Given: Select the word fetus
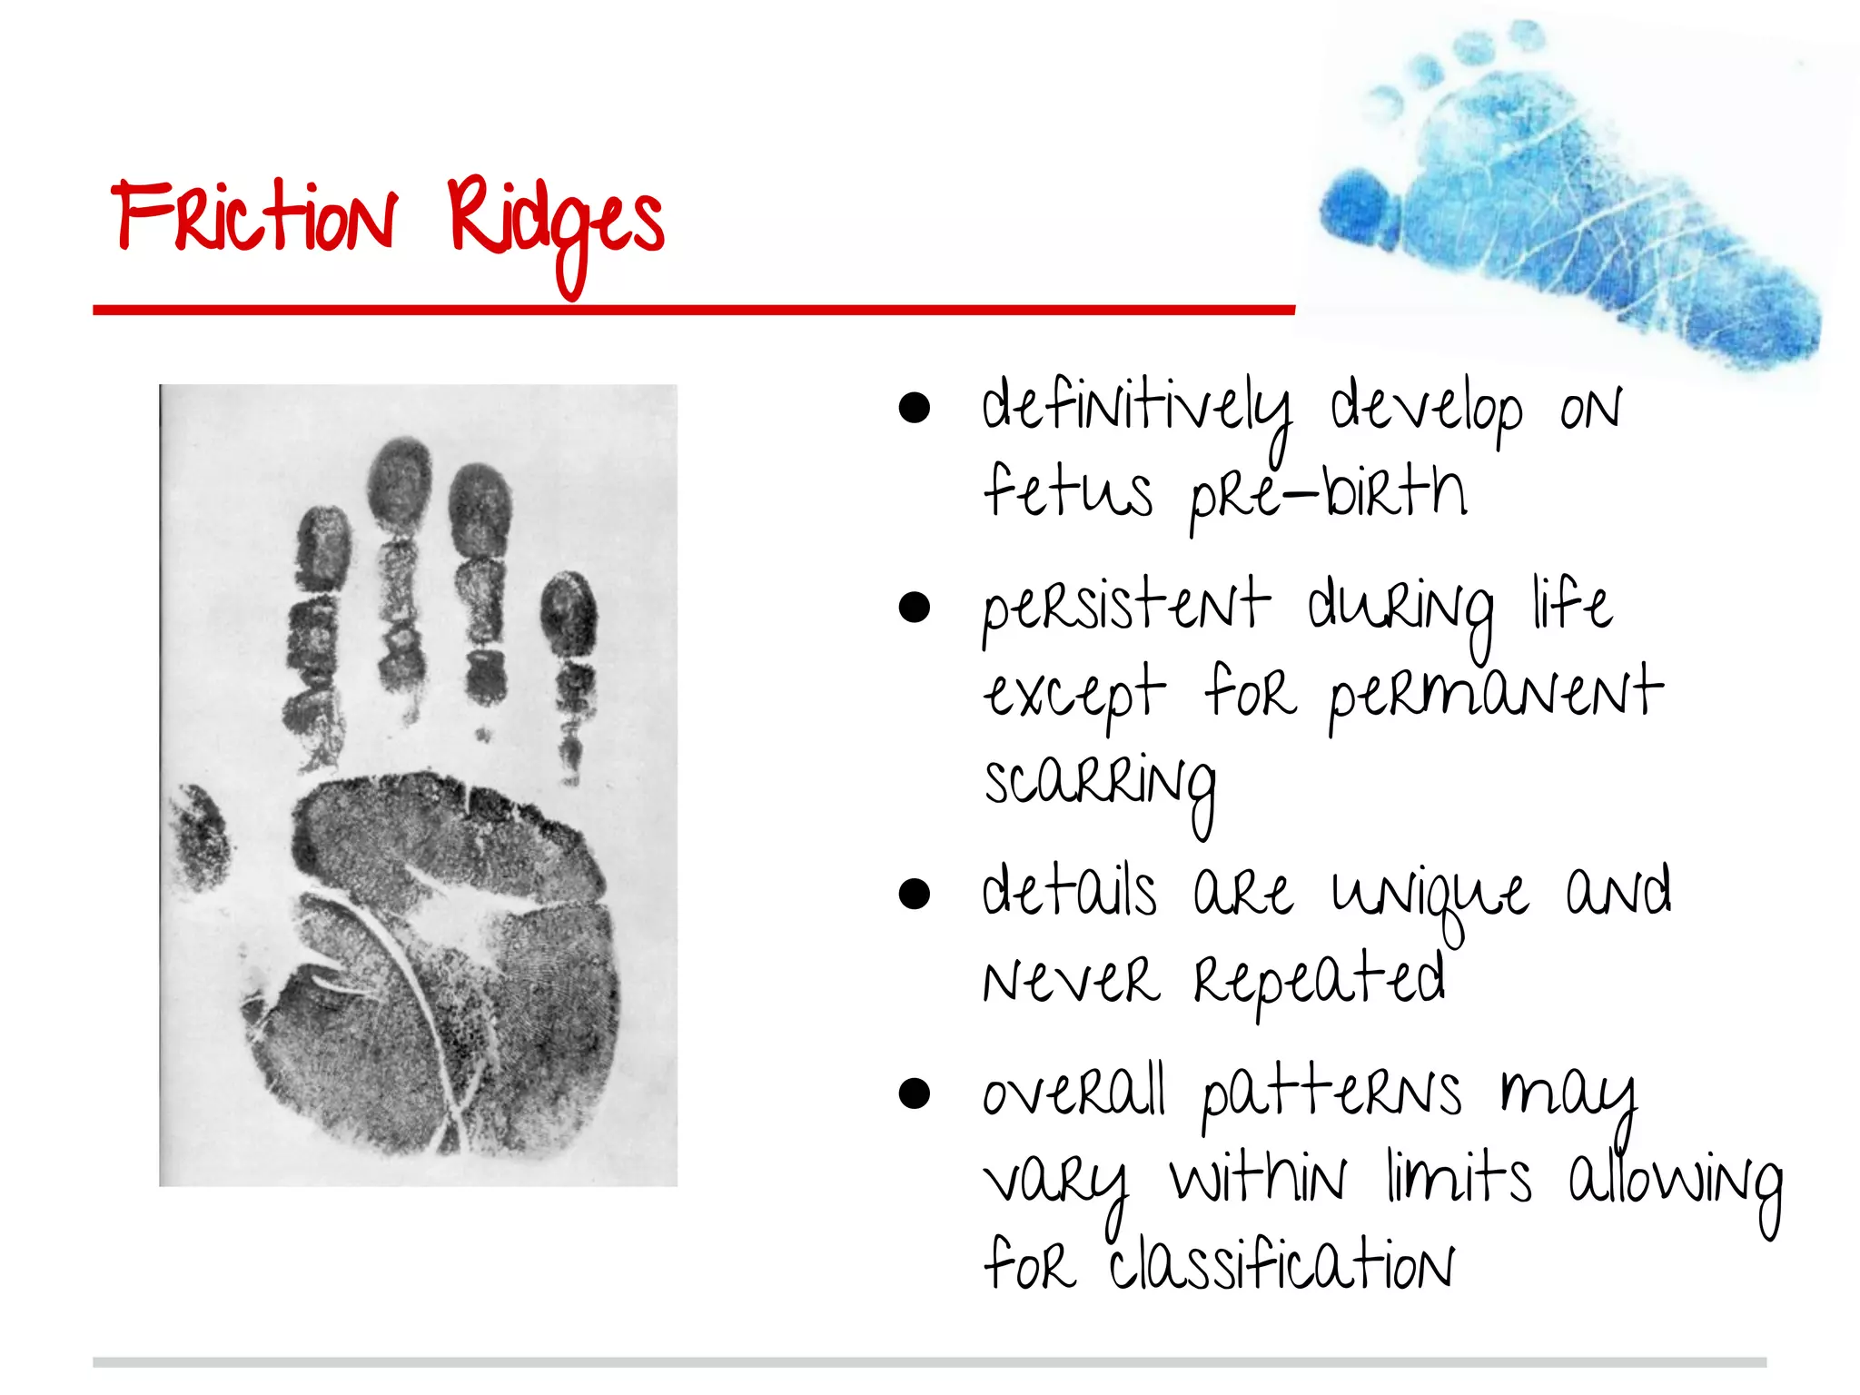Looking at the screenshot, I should click(1068, 491).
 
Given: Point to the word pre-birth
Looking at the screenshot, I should click(1328, 495).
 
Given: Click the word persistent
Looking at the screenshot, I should click(1125, 606).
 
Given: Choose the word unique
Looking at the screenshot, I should click(1430, 895).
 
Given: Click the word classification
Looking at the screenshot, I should click(1281, 1263).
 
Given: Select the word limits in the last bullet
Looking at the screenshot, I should click(1459, 1179).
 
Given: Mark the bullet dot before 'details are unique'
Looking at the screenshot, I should click(914, 894).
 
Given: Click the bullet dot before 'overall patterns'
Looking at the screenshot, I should click(914, 1093).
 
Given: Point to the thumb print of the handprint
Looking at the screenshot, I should click(199, 836).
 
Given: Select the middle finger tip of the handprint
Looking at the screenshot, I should click(400, 481).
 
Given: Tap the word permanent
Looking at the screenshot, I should click(1495, 695).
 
